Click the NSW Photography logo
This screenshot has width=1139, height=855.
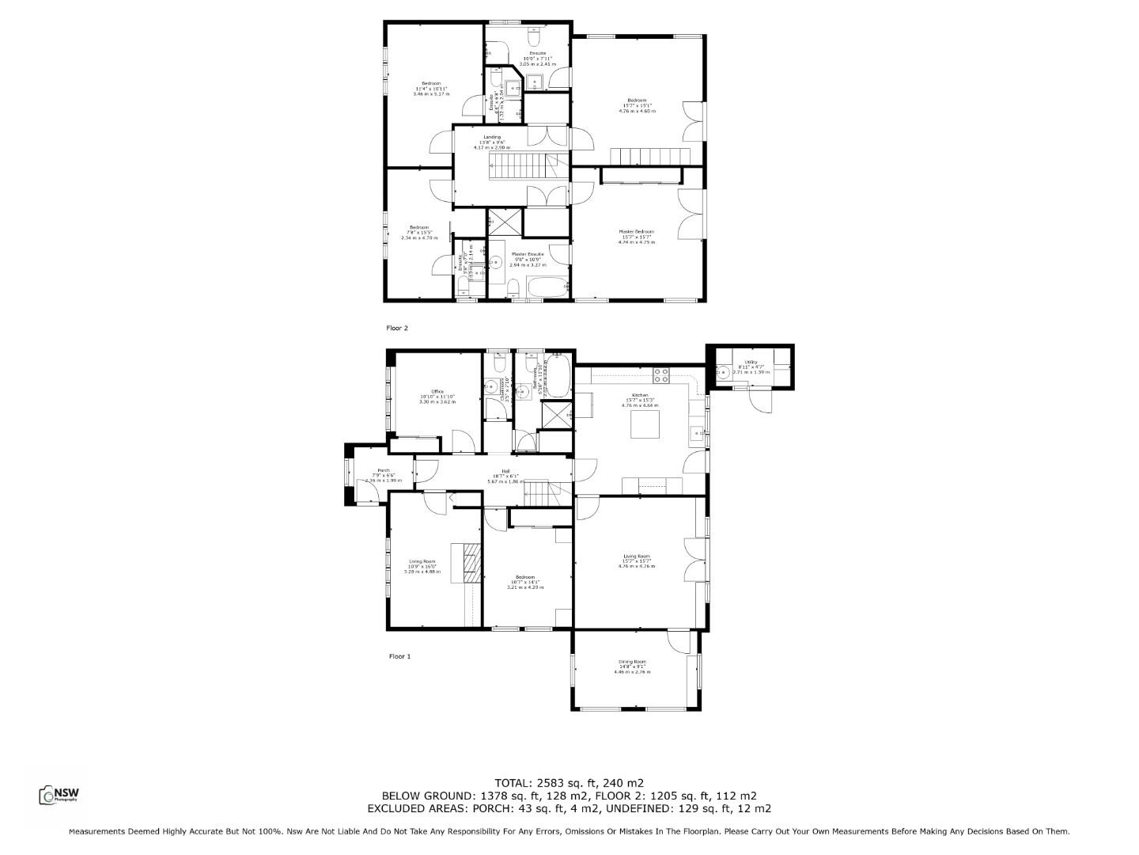coord(59,795)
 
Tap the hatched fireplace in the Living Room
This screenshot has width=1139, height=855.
coord(471,562)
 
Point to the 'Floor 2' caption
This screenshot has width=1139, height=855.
coord(396,327)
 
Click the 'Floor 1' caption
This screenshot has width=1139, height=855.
coord(399,656)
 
